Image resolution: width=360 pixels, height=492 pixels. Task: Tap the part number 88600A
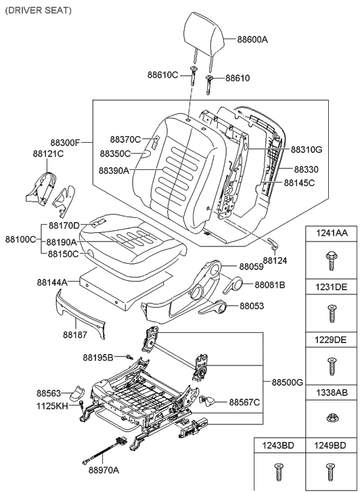coord(252,39)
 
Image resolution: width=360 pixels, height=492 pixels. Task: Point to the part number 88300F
coord(66,143)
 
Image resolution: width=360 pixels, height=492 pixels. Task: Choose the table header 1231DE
coord(331,287)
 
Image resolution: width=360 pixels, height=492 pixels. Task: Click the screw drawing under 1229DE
coord(331,365)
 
